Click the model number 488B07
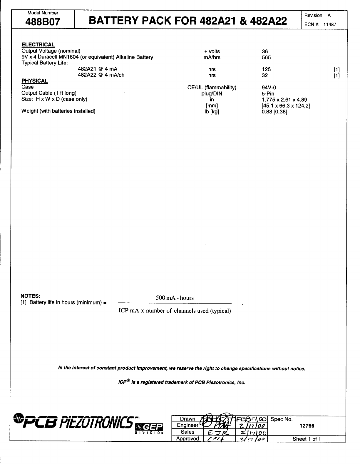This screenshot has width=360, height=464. click(43, 22)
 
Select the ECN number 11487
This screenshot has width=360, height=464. click(330, 25)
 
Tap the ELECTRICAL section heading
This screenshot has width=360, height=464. click(38, 45)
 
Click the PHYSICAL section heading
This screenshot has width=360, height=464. click(35, 81)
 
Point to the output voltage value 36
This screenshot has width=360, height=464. click(265, 51)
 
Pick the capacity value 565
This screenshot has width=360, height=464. click(266, 58)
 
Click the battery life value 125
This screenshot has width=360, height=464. click(266, 69)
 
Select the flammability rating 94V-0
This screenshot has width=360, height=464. click(269, 88)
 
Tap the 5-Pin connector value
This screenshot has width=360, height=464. click(268, 94)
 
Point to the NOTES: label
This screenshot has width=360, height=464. click(31, 296)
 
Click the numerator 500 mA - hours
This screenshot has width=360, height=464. click(175, 298)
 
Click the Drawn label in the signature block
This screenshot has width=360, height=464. click(187, 419)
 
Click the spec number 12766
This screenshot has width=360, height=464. click(307, 426)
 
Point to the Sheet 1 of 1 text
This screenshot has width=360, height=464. click(307, 439)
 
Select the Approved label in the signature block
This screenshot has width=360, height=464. click(187, 439)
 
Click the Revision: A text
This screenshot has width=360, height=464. click(317, 16)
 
